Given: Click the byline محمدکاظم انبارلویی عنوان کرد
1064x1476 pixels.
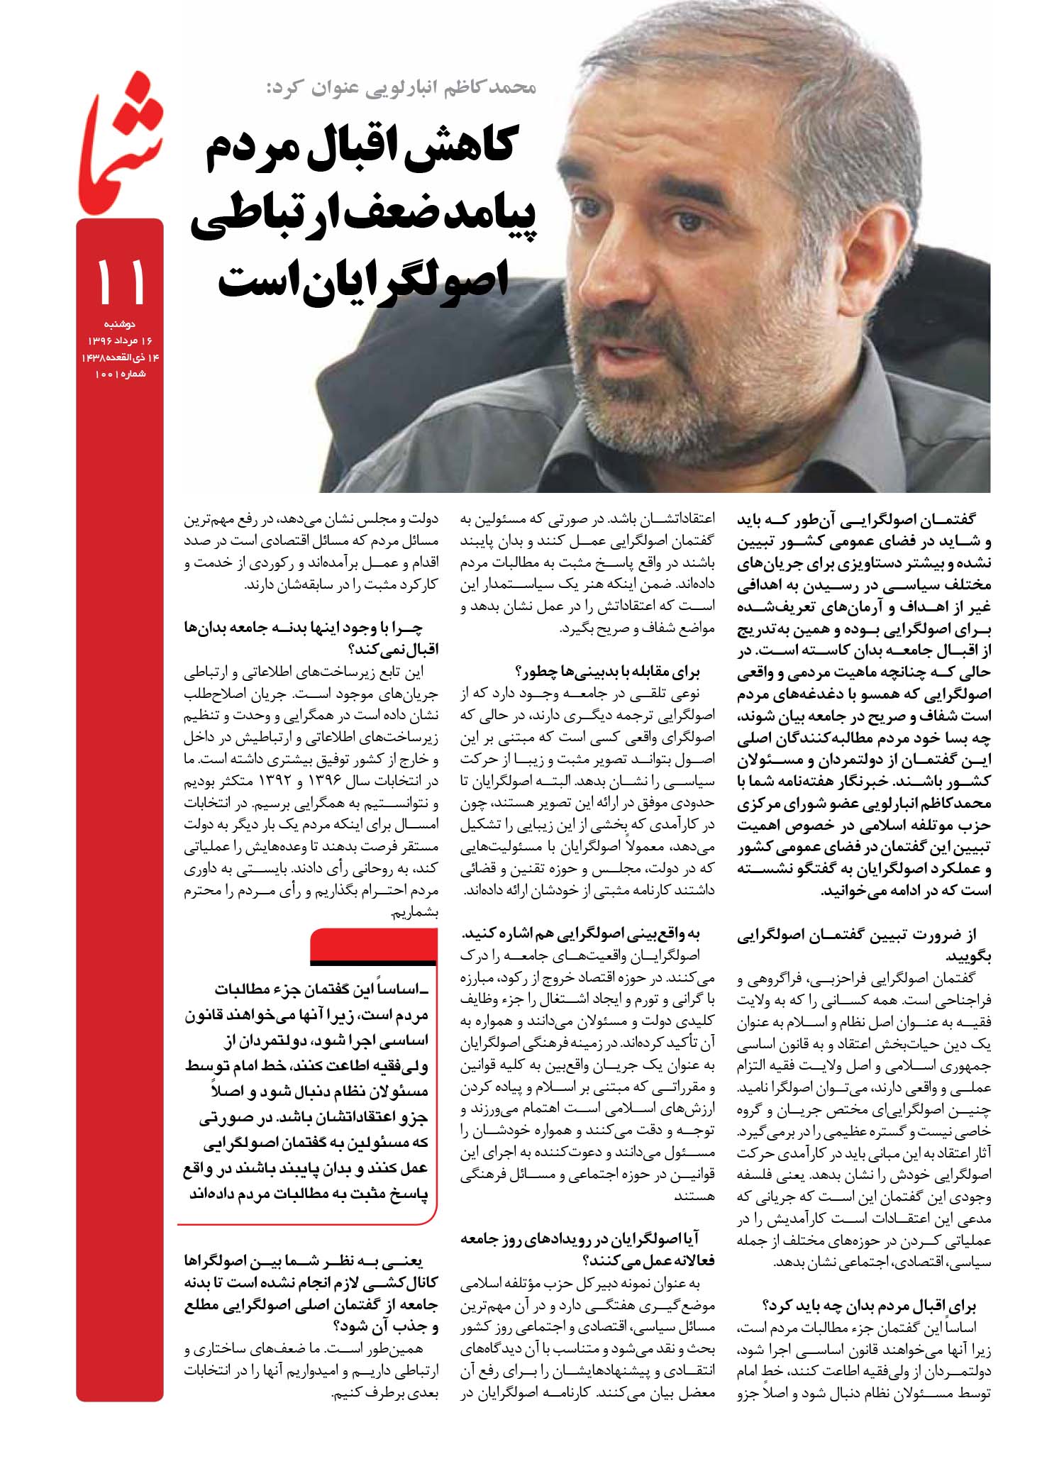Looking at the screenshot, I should pyautogui.click(x=400, y=88).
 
